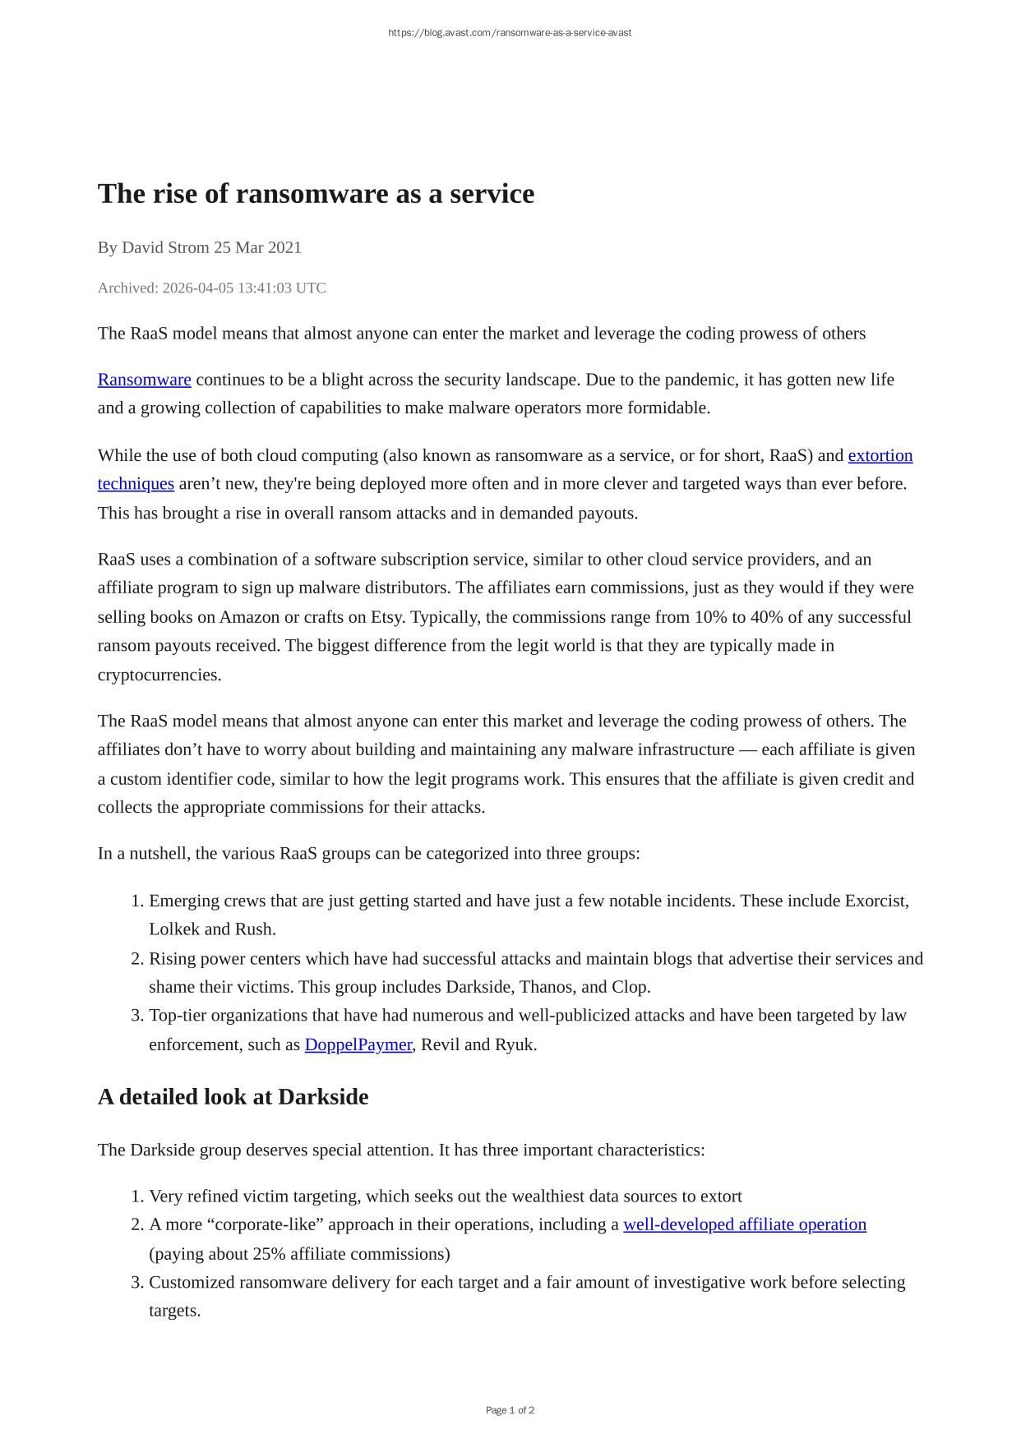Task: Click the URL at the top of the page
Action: coord(510,33)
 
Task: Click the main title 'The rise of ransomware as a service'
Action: coord(316,194)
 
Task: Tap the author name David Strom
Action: coord(165,247)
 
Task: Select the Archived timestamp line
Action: coord(211,288)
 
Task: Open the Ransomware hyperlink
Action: coord(144,380)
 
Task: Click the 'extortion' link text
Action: coord(880,455)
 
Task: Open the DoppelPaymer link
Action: coord(358,1044)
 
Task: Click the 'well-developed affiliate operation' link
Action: coord(744,1224)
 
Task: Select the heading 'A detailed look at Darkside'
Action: coord(233,1097)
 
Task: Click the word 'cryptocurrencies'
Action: coord(159,675)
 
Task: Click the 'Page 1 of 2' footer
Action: coord(510,1410)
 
